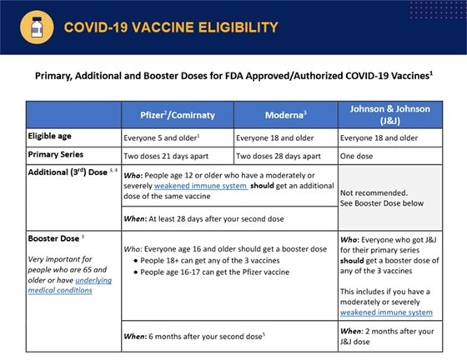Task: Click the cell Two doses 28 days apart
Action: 284,155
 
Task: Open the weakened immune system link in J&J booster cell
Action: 385,312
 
